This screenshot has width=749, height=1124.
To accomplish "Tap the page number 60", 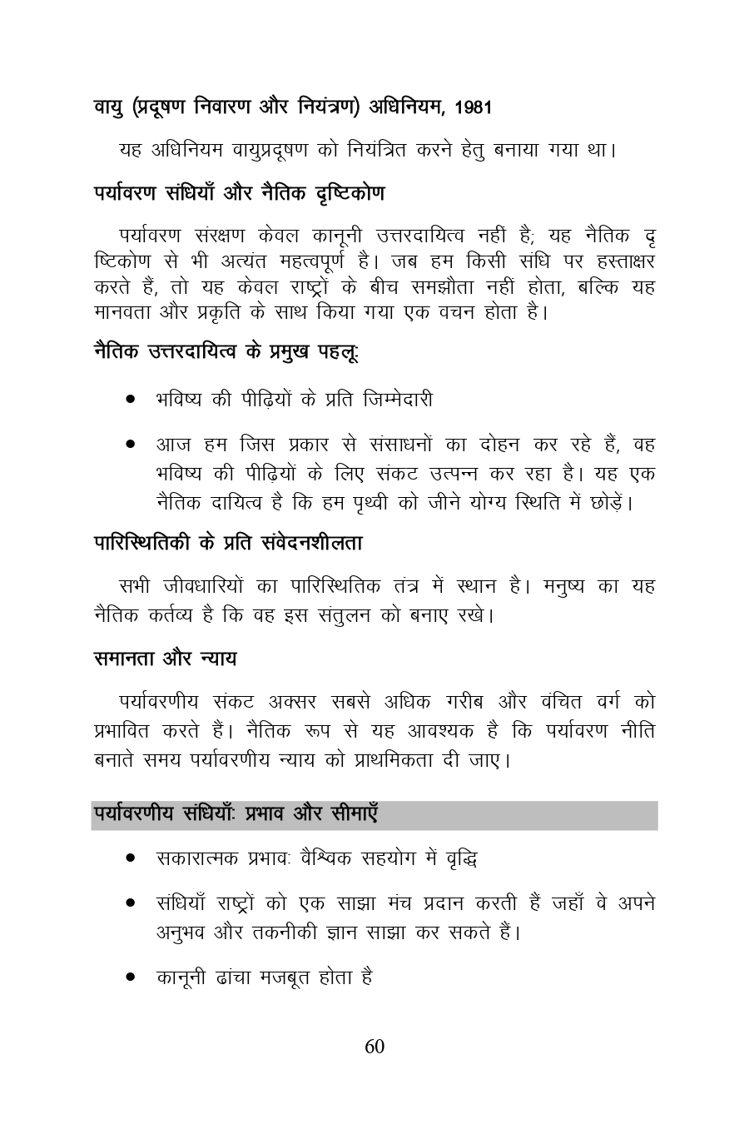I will click(x=374, y=1047).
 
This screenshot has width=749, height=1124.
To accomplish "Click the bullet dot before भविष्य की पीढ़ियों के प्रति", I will click(x=131, y=400).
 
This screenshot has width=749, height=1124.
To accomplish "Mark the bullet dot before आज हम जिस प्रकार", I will click(x=131, y=445).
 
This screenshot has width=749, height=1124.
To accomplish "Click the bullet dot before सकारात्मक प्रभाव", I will click(x=131, y=858).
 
